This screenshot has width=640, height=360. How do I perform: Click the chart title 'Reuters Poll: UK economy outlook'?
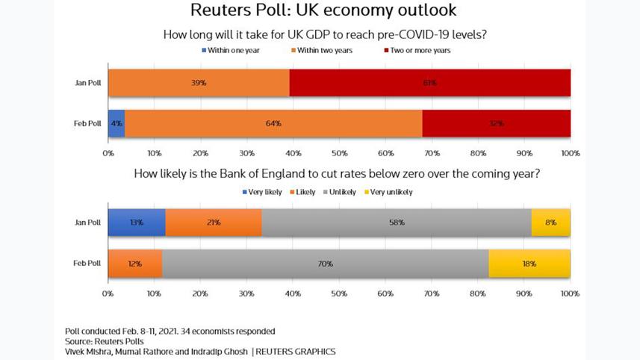(x=323, y=11)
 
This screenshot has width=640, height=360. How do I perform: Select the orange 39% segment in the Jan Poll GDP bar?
(x=199, y=82)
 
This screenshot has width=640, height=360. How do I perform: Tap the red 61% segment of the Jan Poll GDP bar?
(x=430, y=82)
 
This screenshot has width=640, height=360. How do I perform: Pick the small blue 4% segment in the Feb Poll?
(x=116, y=123)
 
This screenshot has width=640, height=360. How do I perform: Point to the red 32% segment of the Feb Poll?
(x=497, y=123)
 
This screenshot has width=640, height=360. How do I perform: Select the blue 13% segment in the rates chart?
(x=137, y=223)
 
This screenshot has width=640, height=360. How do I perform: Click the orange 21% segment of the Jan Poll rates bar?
(x=214, y=223)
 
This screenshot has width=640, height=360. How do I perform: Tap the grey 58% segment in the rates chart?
(x=397, y=223)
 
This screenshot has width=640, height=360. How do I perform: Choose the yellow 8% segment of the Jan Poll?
(x=551, y=223)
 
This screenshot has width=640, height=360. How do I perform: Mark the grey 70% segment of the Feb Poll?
(x=325, y=264)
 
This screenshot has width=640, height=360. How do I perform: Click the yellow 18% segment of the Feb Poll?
(x=529, y=264)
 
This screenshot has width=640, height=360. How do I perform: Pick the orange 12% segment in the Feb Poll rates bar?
(x=135, y=264)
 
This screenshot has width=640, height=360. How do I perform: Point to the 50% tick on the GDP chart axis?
(x=339, y=153)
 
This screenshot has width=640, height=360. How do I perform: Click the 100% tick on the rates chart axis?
(x=570, y=294)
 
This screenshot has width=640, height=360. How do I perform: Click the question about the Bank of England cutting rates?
(x=337, y=174)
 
